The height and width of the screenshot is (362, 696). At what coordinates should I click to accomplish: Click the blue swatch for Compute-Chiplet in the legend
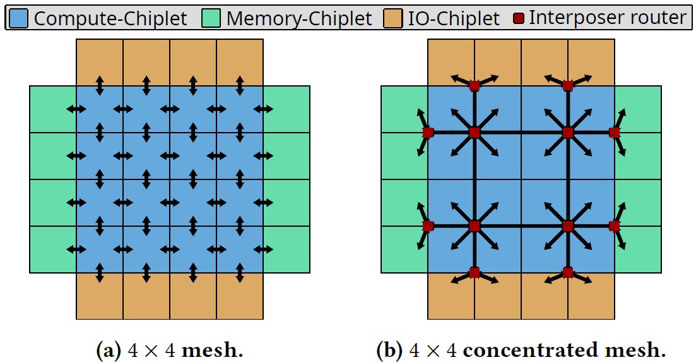click(20, 18)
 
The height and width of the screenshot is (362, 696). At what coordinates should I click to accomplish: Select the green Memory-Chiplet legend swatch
click(212, 18)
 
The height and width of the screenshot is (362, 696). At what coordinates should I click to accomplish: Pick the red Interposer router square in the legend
click(519, 18)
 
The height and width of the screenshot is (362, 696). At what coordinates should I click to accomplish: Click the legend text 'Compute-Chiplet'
click(110, 18)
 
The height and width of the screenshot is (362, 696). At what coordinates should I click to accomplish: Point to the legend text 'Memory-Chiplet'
click(299, 18)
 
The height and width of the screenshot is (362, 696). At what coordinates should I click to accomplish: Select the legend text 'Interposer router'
click(607, 18)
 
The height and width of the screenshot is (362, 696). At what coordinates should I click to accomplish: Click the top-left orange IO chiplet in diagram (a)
click(99, 62)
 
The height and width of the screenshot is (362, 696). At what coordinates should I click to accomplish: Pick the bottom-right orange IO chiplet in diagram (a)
click(240, 296)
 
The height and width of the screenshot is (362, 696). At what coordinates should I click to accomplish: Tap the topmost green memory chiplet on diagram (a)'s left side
click(52, 109)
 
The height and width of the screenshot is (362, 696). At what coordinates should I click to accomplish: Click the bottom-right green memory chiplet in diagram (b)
click(638, 250)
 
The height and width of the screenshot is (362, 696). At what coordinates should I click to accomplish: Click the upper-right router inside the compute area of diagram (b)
click(567, 133)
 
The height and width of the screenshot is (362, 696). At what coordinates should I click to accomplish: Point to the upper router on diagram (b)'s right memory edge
click(614, 133)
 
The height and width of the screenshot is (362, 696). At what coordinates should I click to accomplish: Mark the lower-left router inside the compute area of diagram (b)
click(475, 226)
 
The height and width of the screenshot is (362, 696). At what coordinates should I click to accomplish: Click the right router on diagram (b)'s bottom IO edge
click(567, 273)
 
